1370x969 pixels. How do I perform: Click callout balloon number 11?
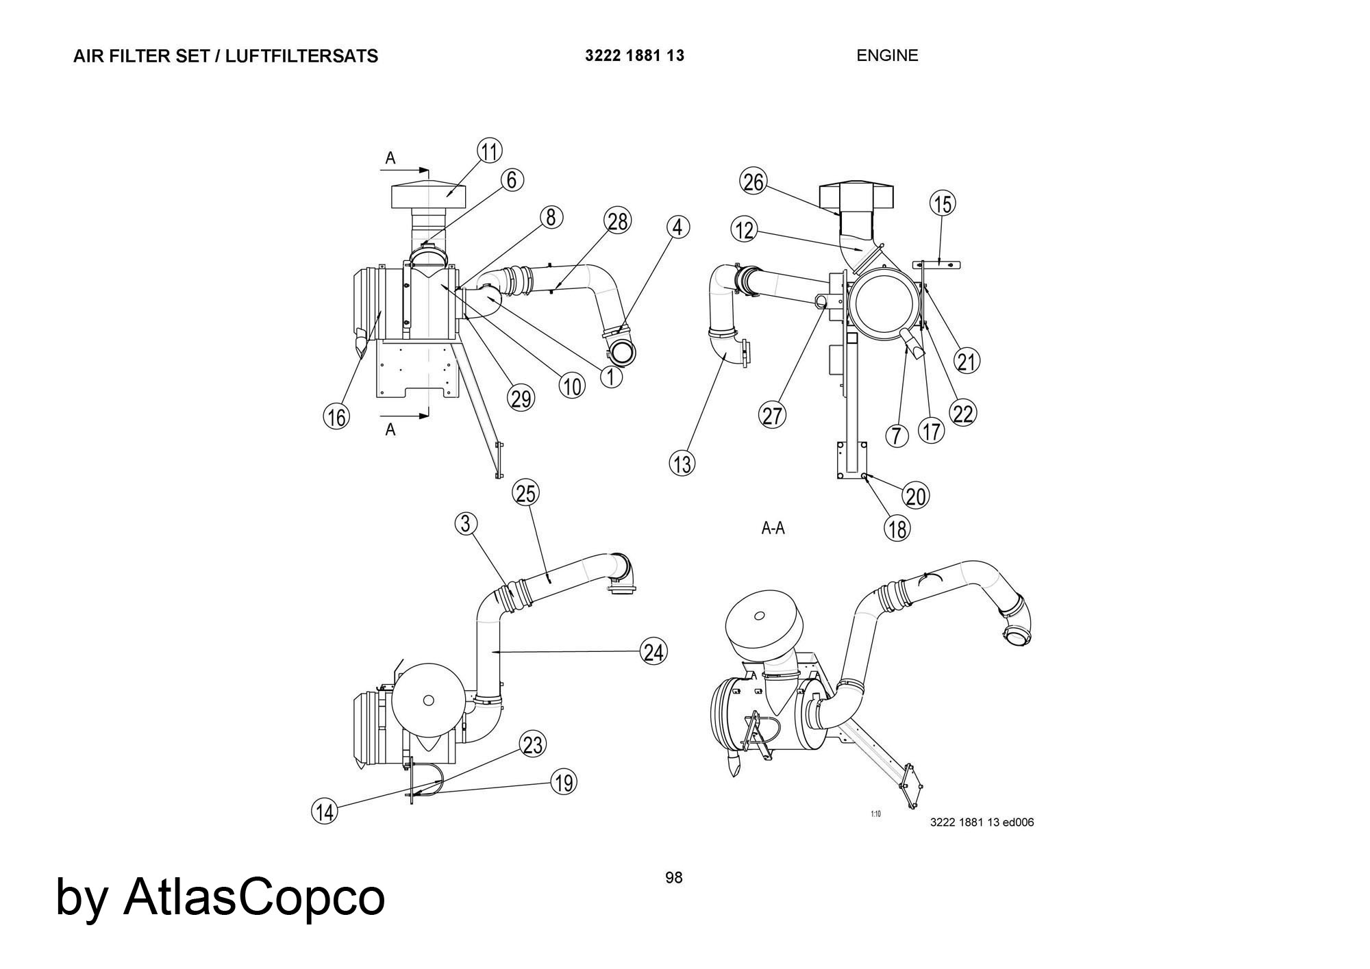tap(489, 151)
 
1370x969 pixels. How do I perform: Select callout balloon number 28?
tap(617, 221)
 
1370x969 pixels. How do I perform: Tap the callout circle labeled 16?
tap(336, 416)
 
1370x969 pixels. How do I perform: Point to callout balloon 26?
tap(753, 182)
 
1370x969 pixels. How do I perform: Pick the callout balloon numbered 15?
tap(943, 203)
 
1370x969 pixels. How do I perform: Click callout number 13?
tap(682, 464)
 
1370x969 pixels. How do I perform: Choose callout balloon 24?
tap(653, 651)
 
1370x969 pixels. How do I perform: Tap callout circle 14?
tap(325, 811)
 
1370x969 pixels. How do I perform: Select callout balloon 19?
tap(564, 782)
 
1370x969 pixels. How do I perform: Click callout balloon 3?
tap(466, 524)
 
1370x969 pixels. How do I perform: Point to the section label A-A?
tap(773, 528)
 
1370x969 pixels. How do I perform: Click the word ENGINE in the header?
tap(887, 55)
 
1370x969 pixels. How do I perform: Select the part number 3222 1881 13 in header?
tap(634, 55)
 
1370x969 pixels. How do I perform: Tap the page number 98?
tap(674, 878)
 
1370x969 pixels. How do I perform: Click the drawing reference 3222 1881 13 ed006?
tap(982, 822)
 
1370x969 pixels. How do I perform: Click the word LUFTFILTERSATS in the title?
tap(301, 56)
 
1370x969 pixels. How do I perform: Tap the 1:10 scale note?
tap(875, 814)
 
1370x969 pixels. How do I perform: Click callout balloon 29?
tap(521, 398)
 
